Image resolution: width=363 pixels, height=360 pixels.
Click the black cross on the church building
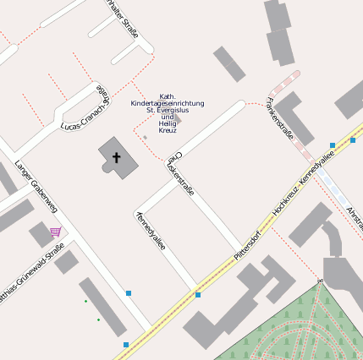coord(117,157)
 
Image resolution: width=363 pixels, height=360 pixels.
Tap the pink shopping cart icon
coord(56,232)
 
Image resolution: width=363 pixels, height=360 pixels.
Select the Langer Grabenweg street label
coord(35,185)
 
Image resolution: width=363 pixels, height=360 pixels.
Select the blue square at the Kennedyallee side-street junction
coord(198,295)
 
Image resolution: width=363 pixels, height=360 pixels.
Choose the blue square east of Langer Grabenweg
coord(129,293)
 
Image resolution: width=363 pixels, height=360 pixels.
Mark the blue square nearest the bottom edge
coord(126,345)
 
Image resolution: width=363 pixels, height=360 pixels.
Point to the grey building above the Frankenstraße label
coord(229,64)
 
